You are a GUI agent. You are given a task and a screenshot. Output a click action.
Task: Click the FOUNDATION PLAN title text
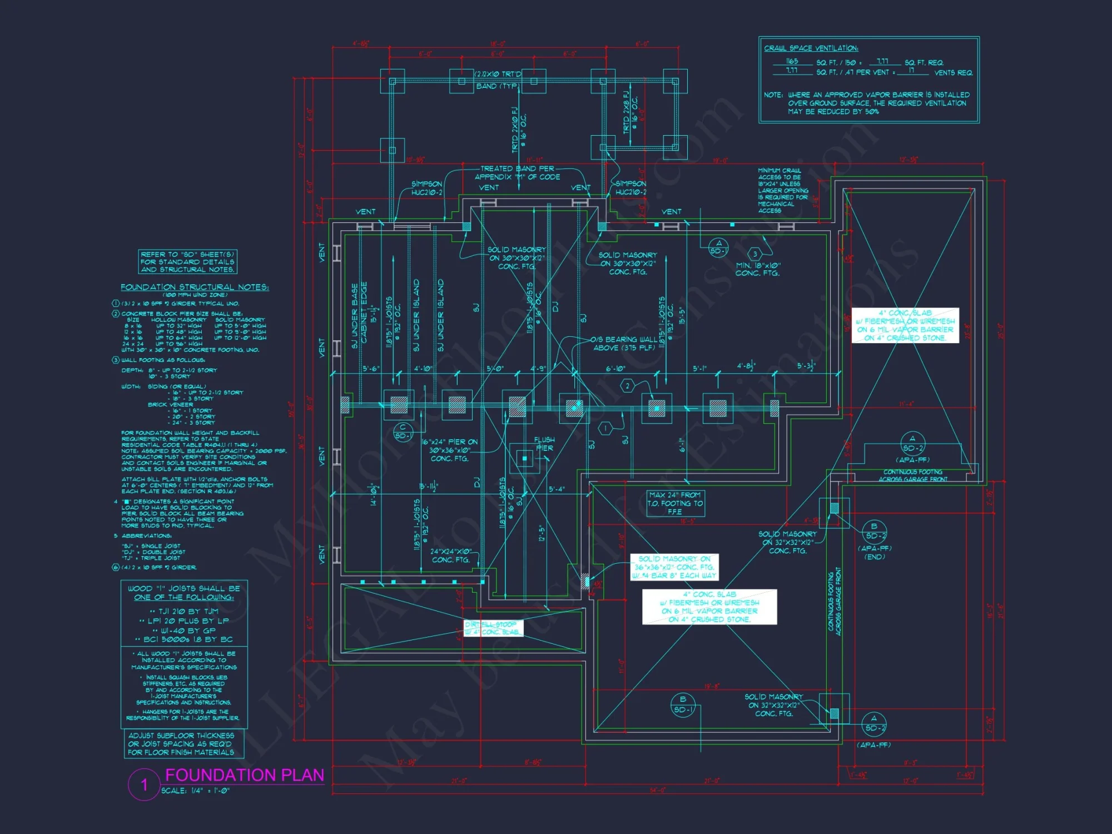point(245,775)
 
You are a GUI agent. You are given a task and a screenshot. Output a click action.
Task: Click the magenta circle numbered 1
point(144,785)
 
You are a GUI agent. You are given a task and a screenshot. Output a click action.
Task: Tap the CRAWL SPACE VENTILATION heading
point(811,48)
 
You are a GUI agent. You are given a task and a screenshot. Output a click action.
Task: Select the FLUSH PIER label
point(544,444)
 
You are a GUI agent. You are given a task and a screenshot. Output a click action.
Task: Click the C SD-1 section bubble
point(403,432)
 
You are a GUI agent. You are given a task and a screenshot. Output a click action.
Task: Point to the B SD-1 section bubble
point(683,704)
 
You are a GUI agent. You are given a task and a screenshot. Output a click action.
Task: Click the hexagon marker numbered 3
point(755,254)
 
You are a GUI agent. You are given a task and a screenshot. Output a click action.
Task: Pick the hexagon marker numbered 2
point(628,385)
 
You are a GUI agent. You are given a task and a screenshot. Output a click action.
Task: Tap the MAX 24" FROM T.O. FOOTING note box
point(675,503)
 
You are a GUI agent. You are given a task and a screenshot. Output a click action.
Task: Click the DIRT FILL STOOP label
point(493,628)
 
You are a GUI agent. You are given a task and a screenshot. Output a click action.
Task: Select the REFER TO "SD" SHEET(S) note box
point(187,261)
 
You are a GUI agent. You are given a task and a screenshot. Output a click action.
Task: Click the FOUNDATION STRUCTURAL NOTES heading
point(195,287)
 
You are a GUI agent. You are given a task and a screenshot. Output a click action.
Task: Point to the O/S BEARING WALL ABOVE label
point(623,344)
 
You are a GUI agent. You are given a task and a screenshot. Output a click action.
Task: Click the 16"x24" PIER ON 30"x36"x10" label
point(449,450)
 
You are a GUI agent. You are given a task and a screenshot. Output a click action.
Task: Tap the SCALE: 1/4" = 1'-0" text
point(195,790)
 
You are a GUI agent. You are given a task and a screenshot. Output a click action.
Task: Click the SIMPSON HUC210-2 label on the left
point(426,188)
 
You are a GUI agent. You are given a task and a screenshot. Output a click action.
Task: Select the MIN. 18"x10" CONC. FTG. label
point(757,269)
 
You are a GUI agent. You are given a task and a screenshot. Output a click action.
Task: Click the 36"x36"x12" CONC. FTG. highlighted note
point(674,567)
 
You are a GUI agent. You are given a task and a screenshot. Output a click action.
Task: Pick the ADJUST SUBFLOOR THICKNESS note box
point(181,743)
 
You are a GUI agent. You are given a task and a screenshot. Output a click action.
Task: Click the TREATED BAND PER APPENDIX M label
point(517,172)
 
